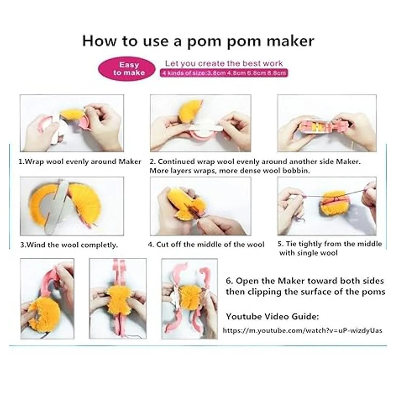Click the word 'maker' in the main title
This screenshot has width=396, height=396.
click(290, 41)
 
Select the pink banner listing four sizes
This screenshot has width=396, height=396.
click(224, 73)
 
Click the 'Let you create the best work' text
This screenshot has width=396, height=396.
click(224, 63)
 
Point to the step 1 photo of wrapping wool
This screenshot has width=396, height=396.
click(72, 123)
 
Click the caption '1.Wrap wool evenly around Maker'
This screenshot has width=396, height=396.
click(80, 162)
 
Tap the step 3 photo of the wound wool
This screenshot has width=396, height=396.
click(72, 206)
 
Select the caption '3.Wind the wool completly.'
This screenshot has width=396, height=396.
click(69, 245)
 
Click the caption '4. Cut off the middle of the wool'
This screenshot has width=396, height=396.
click(206, 245)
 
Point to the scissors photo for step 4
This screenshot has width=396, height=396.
click(201, 206)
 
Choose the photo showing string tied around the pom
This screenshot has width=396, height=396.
click(327, 206)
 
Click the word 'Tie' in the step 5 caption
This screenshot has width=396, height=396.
click(291, 244)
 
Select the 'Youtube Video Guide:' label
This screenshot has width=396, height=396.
click(273, 316)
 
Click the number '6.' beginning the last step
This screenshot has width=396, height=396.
click(229, 281)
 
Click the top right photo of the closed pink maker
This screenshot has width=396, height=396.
click(327, 123)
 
